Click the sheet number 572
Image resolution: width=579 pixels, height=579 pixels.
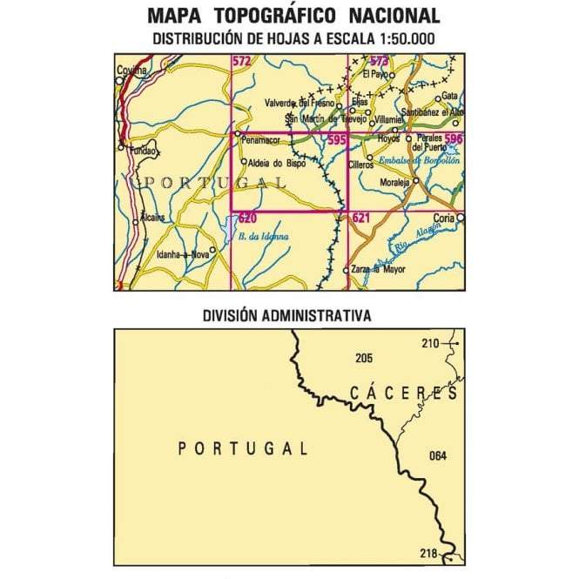241,60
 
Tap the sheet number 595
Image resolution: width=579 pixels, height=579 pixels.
337,139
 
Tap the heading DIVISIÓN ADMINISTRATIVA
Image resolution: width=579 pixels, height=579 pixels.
288,314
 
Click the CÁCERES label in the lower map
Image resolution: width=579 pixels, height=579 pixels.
404,394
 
